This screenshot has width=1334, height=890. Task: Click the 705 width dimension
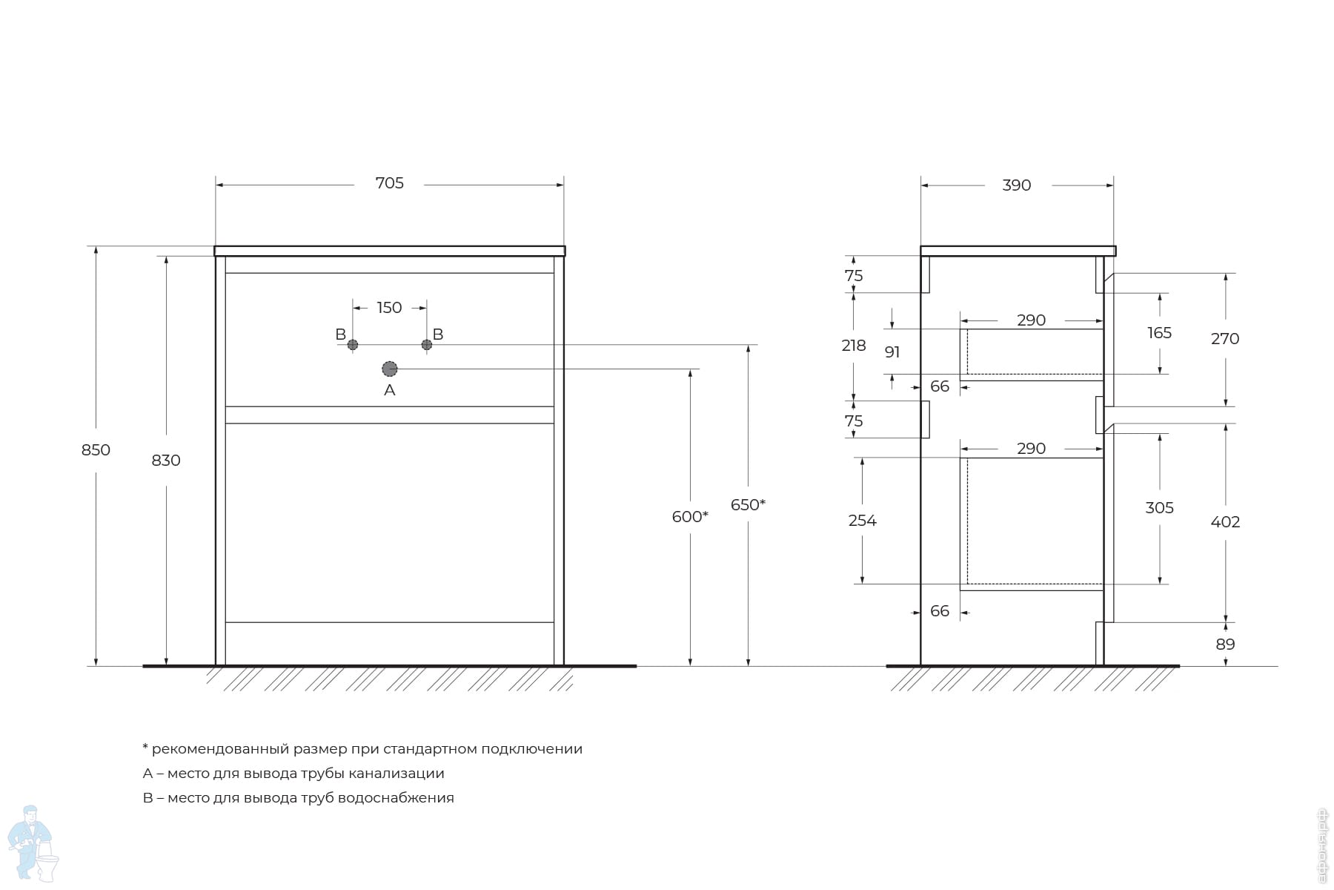click(389, 183)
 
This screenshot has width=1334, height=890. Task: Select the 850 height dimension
click(96, 450)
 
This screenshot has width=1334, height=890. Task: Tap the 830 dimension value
click(166, 461)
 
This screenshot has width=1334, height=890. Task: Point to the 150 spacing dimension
click(389, 308)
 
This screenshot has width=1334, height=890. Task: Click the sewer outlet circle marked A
click(390, 369)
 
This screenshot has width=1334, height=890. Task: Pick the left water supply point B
click(353, 345)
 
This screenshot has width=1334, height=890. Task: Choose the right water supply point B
click(427, 345)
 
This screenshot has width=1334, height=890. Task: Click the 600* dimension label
click(689, 517)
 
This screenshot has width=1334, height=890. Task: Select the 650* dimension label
click(748, 505)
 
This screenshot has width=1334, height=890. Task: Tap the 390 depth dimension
click(1016, 185)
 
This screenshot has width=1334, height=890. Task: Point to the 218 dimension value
click(854, 346)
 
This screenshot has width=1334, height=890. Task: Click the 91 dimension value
click(892, 352)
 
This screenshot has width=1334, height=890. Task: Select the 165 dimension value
click(1159, 333)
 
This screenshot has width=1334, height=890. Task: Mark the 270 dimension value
click(1224, 339)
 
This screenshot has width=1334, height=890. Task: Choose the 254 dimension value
click(862, 521)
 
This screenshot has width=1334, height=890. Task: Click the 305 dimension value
click(1159, 508)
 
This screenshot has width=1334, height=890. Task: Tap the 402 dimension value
click(1224, 522)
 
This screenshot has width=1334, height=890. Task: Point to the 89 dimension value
click(1225, 645)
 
